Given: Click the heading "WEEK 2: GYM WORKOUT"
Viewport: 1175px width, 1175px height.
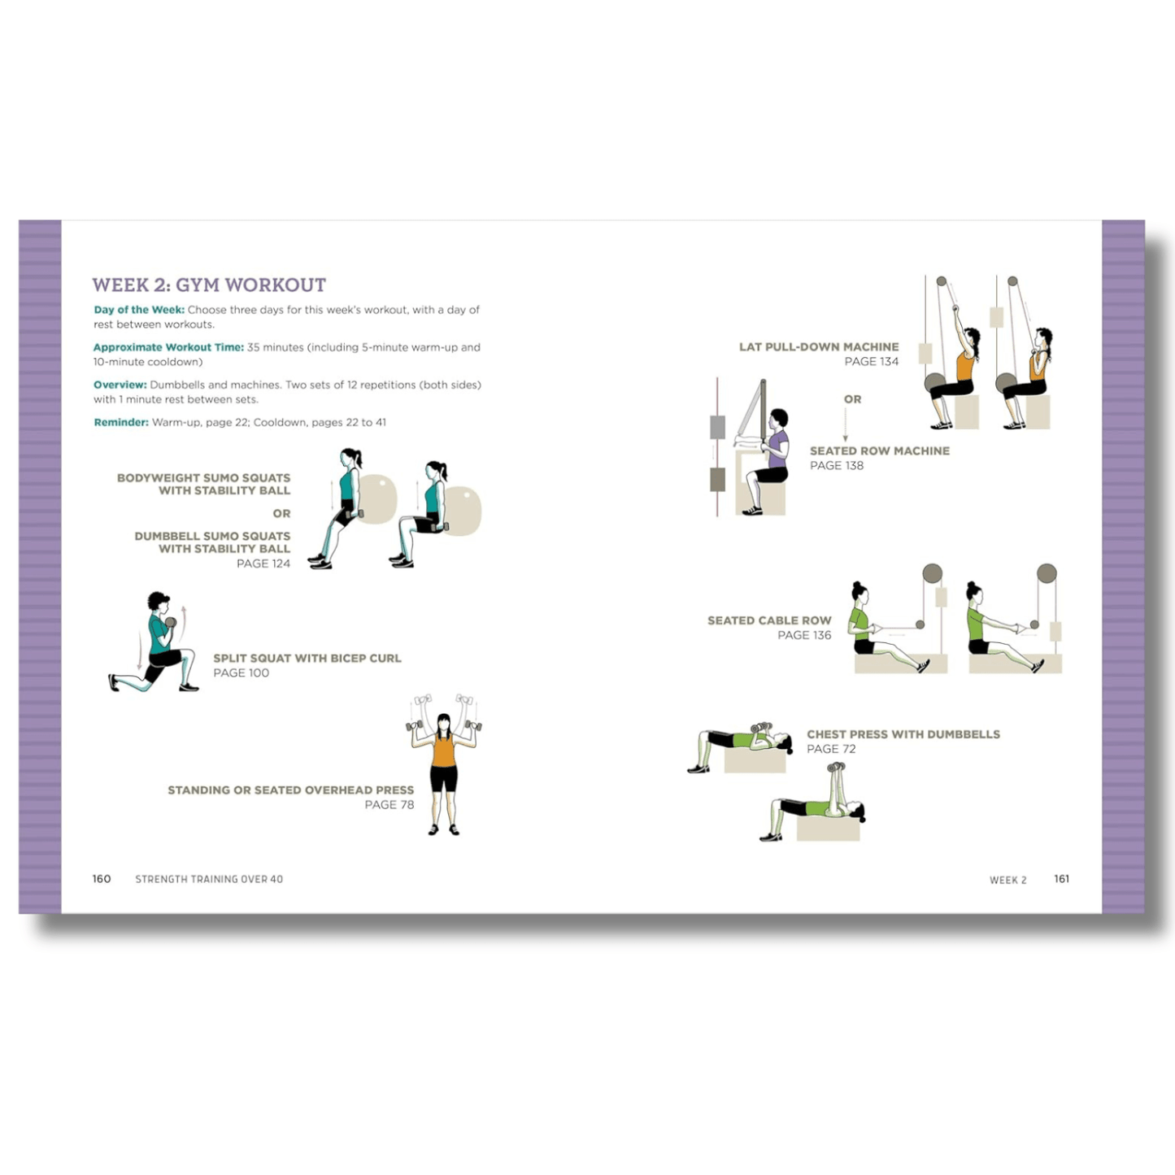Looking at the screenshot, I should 209,285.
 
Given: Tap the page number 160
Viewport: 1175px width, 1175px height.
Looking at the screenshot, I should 102,879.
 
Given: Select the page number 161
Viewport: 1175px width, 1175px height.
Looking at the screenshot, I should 1061,879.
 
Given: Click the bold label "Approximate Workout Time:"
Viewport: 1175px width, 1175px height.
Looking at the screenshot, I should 168,347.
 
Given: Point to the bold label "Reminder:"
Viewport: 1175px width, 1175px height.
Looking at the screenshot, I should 121,422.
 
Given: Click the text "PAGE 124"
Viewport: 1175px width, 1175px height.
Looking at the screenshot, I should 263,564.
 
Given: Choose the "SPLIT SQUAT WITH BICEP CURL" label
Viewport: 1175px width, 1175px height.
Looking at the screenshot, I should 307,658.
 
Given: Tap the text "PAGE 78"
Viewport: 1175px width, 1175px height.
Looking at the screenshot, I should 389,805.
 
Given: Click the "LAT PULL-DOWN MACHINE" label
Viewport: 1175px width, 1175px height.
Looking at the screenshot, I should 819,346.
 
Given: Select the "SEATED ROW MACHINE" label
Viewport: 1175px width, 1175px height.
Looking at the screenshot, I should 879,450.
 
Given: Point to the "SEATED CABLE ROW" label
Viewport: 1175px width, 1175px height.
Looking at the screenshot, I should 769,620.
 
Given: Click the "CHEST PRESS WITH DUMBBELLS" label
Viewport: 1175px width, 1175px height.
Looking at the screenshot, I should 903,734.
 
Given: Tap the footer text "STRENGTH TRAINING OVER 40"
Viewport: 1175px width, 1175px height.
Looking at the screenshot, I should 209,879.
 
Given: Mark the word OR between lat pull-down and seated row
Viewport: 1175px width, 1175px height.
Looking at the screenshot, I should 852,399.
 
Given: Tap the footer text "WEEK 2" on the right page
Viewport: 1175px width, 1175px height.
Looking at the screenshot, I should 1007,880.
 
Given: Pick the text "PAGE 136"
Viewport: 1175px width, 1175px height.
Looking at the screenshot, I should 804,635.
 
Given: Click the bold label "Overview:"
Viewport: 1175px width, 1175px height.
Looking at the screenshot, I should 120,385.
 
